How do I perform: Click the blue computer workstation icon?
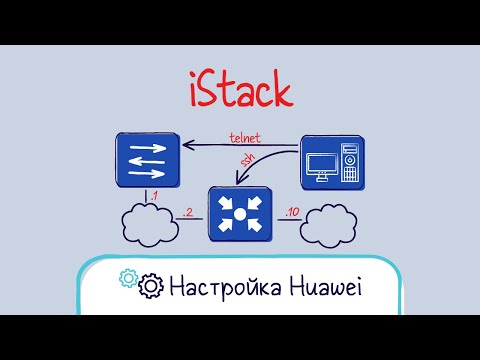[333, 162]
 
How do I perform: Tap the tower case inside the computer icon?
[350, 163]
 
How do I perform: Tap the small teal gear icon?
[128, 279]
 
